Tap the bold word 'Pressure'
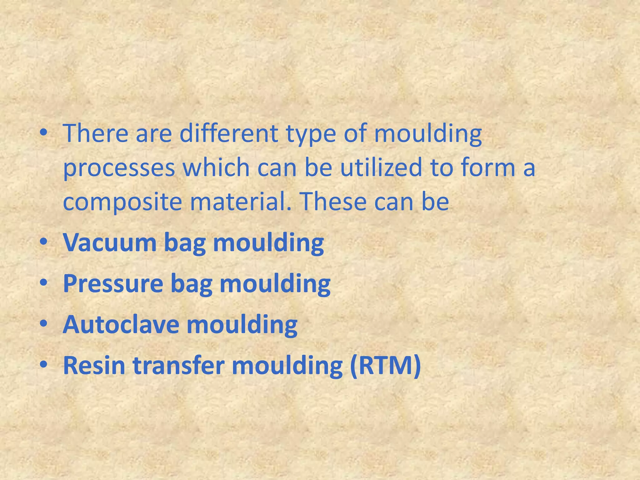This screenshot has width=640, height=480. click(113, 284)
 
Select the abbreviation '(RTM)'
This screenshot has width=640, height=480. click(385, 366)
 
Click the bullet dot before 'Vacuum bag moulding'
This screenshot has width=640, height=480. click(44, 243)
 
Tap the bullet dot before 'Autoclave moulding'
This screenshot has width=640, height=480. click(44, 325)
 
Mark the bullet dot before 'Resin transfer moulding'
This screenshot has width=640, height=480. click(44, 366)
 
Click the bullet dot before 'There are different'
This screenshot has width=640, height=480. click(44, 133)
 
